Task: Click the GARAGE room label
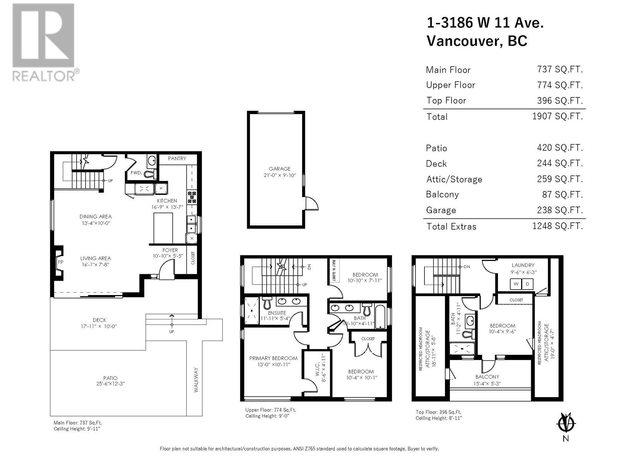tap(279, 169)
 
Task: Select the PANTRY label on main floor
tap(177, 159)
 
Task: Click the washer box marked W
tap(516, 284)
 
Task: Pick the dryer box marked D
tap(528, 284)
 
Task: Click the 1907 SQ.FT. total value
tap(557, 116)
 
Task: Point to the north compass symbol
tap(566, 423)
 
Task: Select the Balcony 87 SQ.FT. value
tap(562, 194)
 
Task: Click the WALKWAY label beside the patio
tap(196, 380)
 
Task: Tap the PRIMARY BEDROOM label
tap(273, 358)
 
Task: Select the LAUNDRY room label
tap(523, 265)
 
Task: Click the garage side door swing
tap(311, 203)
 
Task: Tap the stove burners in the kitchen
tap(192, 197)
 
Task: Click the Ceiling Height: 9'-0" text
tap(267, 416)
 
